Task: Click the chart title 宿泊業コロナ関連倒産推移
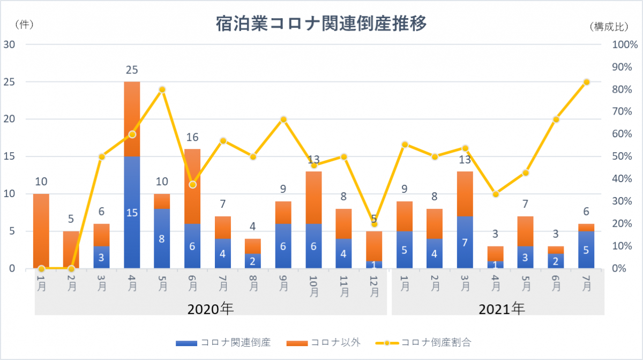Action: pyautogui.click(x=321, y=24)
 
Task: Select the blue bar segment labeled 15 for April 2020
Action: pyautogui.click(x=132, y=212)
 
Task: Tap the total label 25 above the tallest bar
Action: pyautogui.click(x=132, y=70)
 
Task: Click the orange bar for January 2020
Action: pyautogui.click(x=41, y=230)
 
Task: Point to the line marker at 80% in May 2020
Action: pyautogui.click(x=162, y=89)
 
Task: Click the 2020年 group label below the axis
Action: pyautogui.click(x=210, y=309)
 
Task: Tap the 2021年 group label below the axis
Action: pyautogui.click(x=501, y=309)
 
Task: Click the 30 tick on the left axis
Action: pyautogui.click(x=9, y=44)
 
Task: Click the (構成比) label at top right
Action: pyautogui.click(x=610, y=26)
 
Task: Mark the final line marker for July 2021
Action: pyautogui.click(x=586, y=82)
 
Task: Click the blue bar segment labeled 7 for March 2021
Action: pyautogui.click(x=465, y=242)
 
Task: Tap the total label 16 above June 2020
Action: pyautogui.click(x=192, y=137)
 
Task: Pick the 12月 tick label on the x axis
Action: pyautogui.click(x=375, y=286)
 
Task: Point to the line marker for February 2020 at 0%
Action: pyautogui.click(x=71, y=268)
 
